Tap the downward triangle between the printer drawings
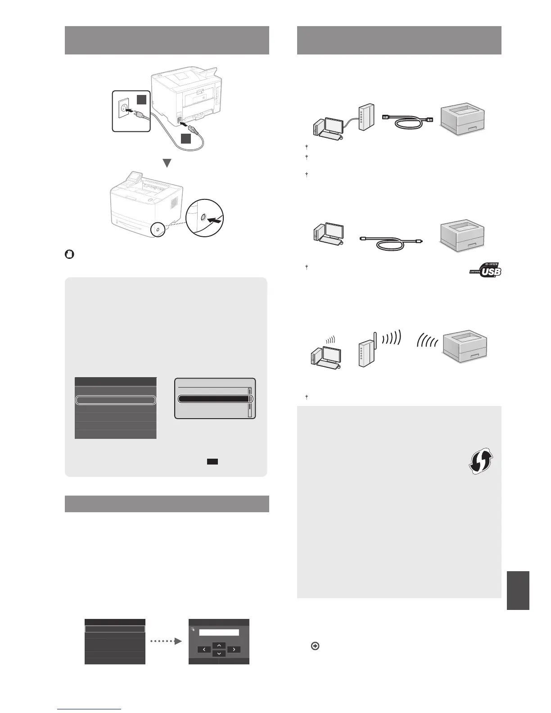[167, 163]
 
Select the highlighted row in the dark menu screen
[115, 400]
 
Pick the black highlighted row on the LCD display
[214, 399]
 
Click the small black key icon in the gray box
[212, 461]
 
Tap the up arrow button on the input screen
[219, 645]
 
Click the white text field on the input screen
[219, 632]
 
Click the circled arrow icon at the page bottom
[315, 646]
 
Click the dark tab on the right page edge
[518, 590]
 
